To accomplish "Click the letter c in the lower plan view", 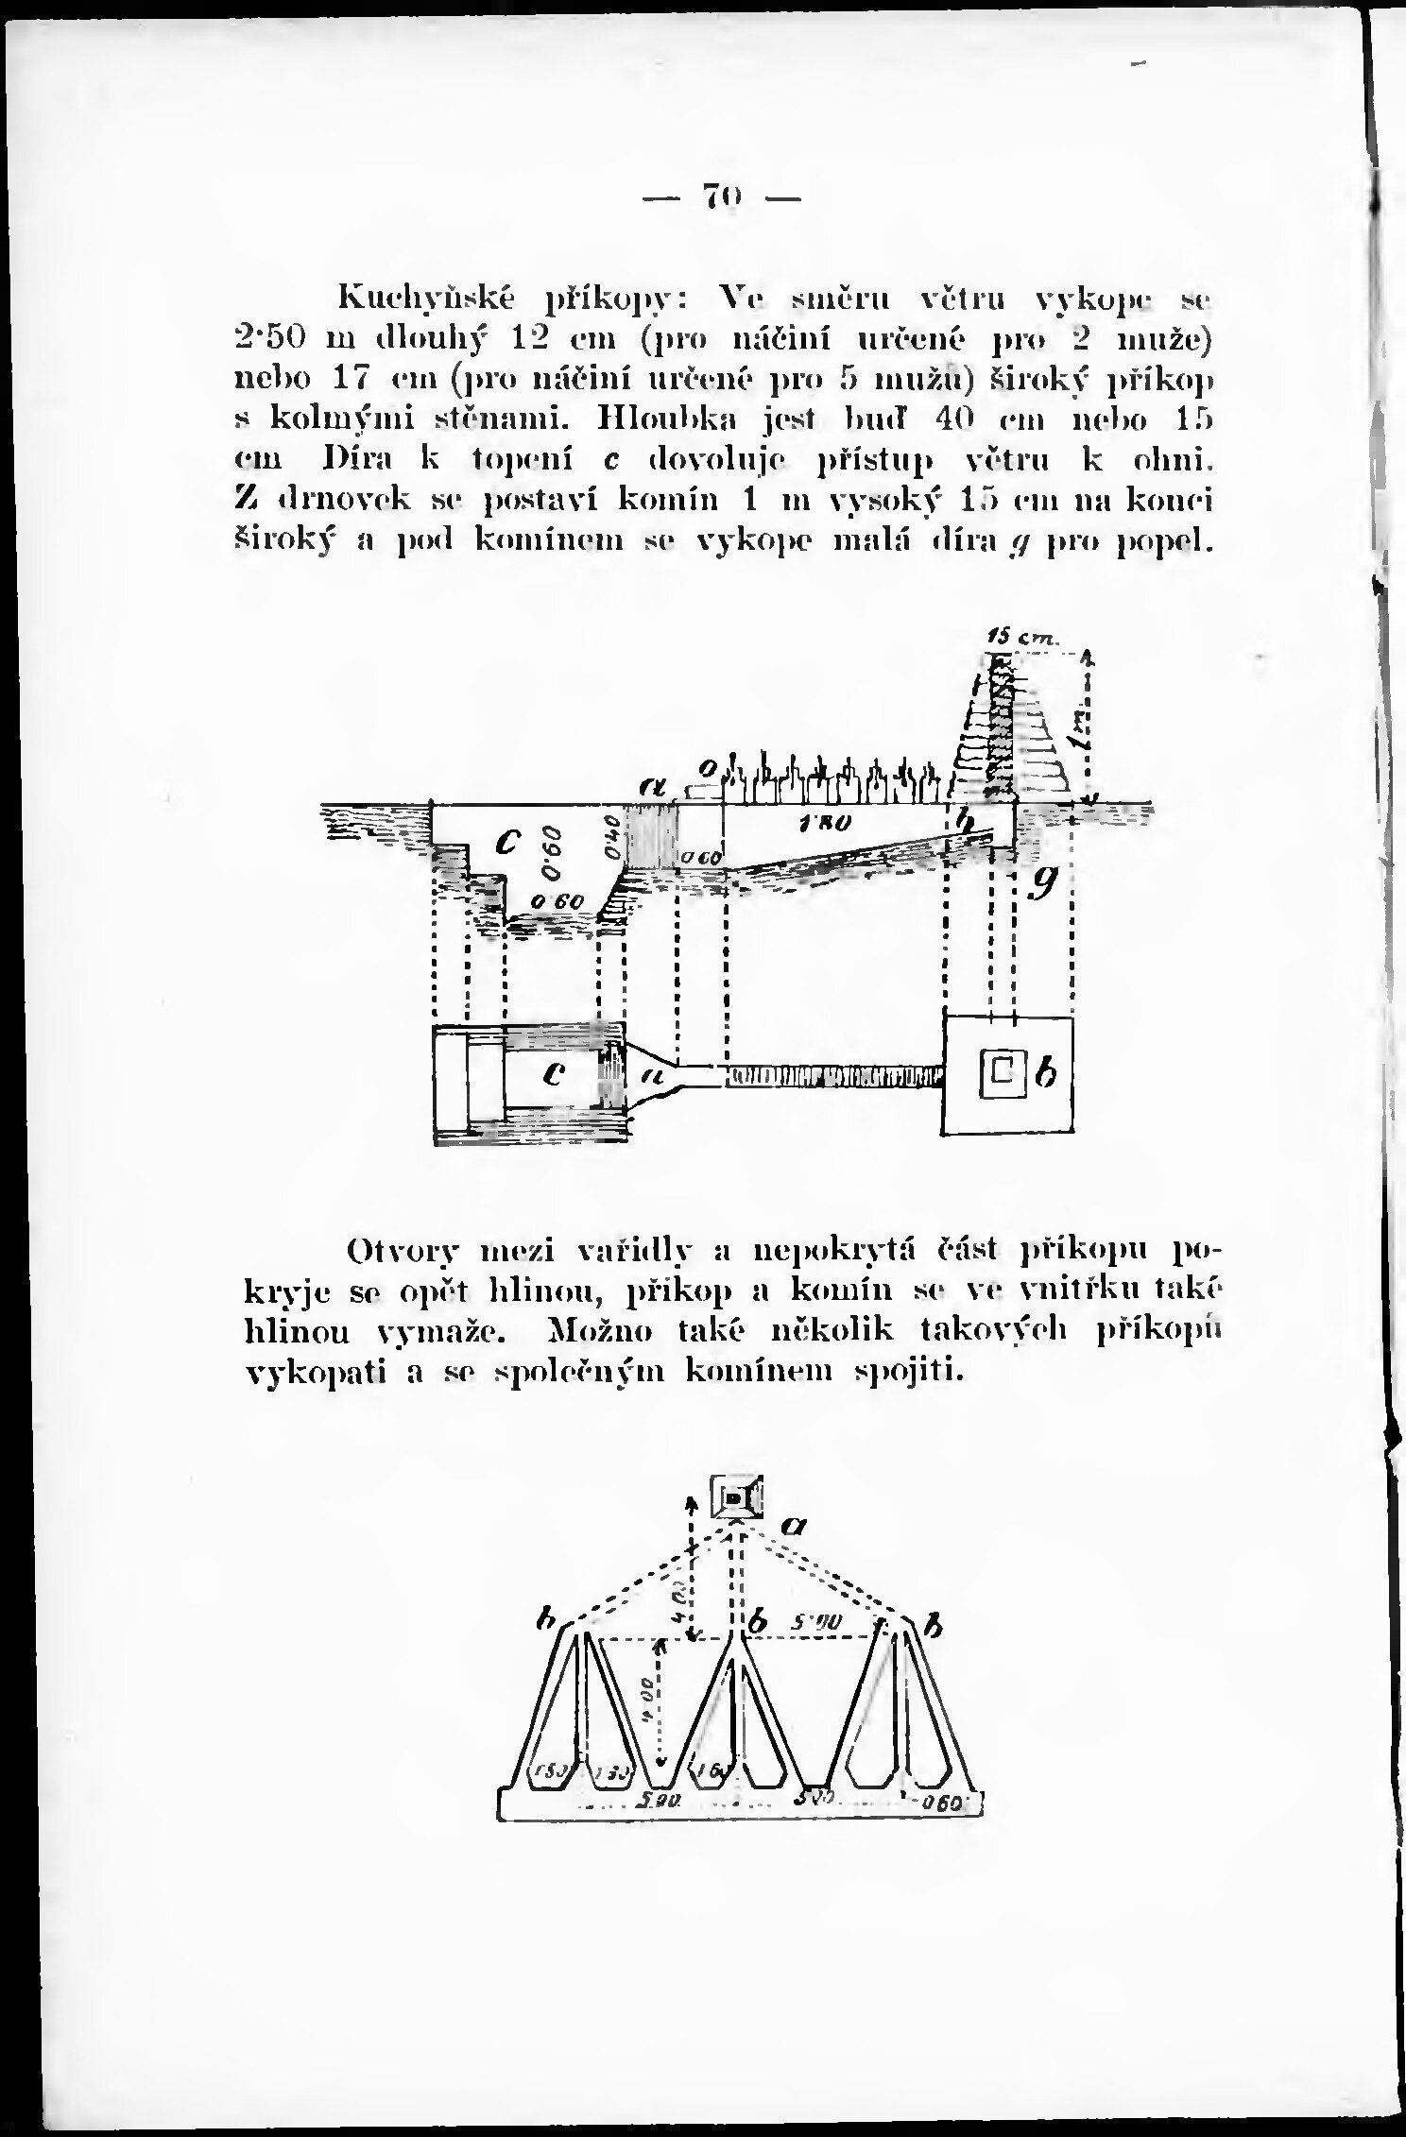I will pyautogui.click(x=556, y=1073).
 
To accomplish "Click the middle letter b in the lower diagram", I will pyautogui.click(x=756, y=1624).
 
